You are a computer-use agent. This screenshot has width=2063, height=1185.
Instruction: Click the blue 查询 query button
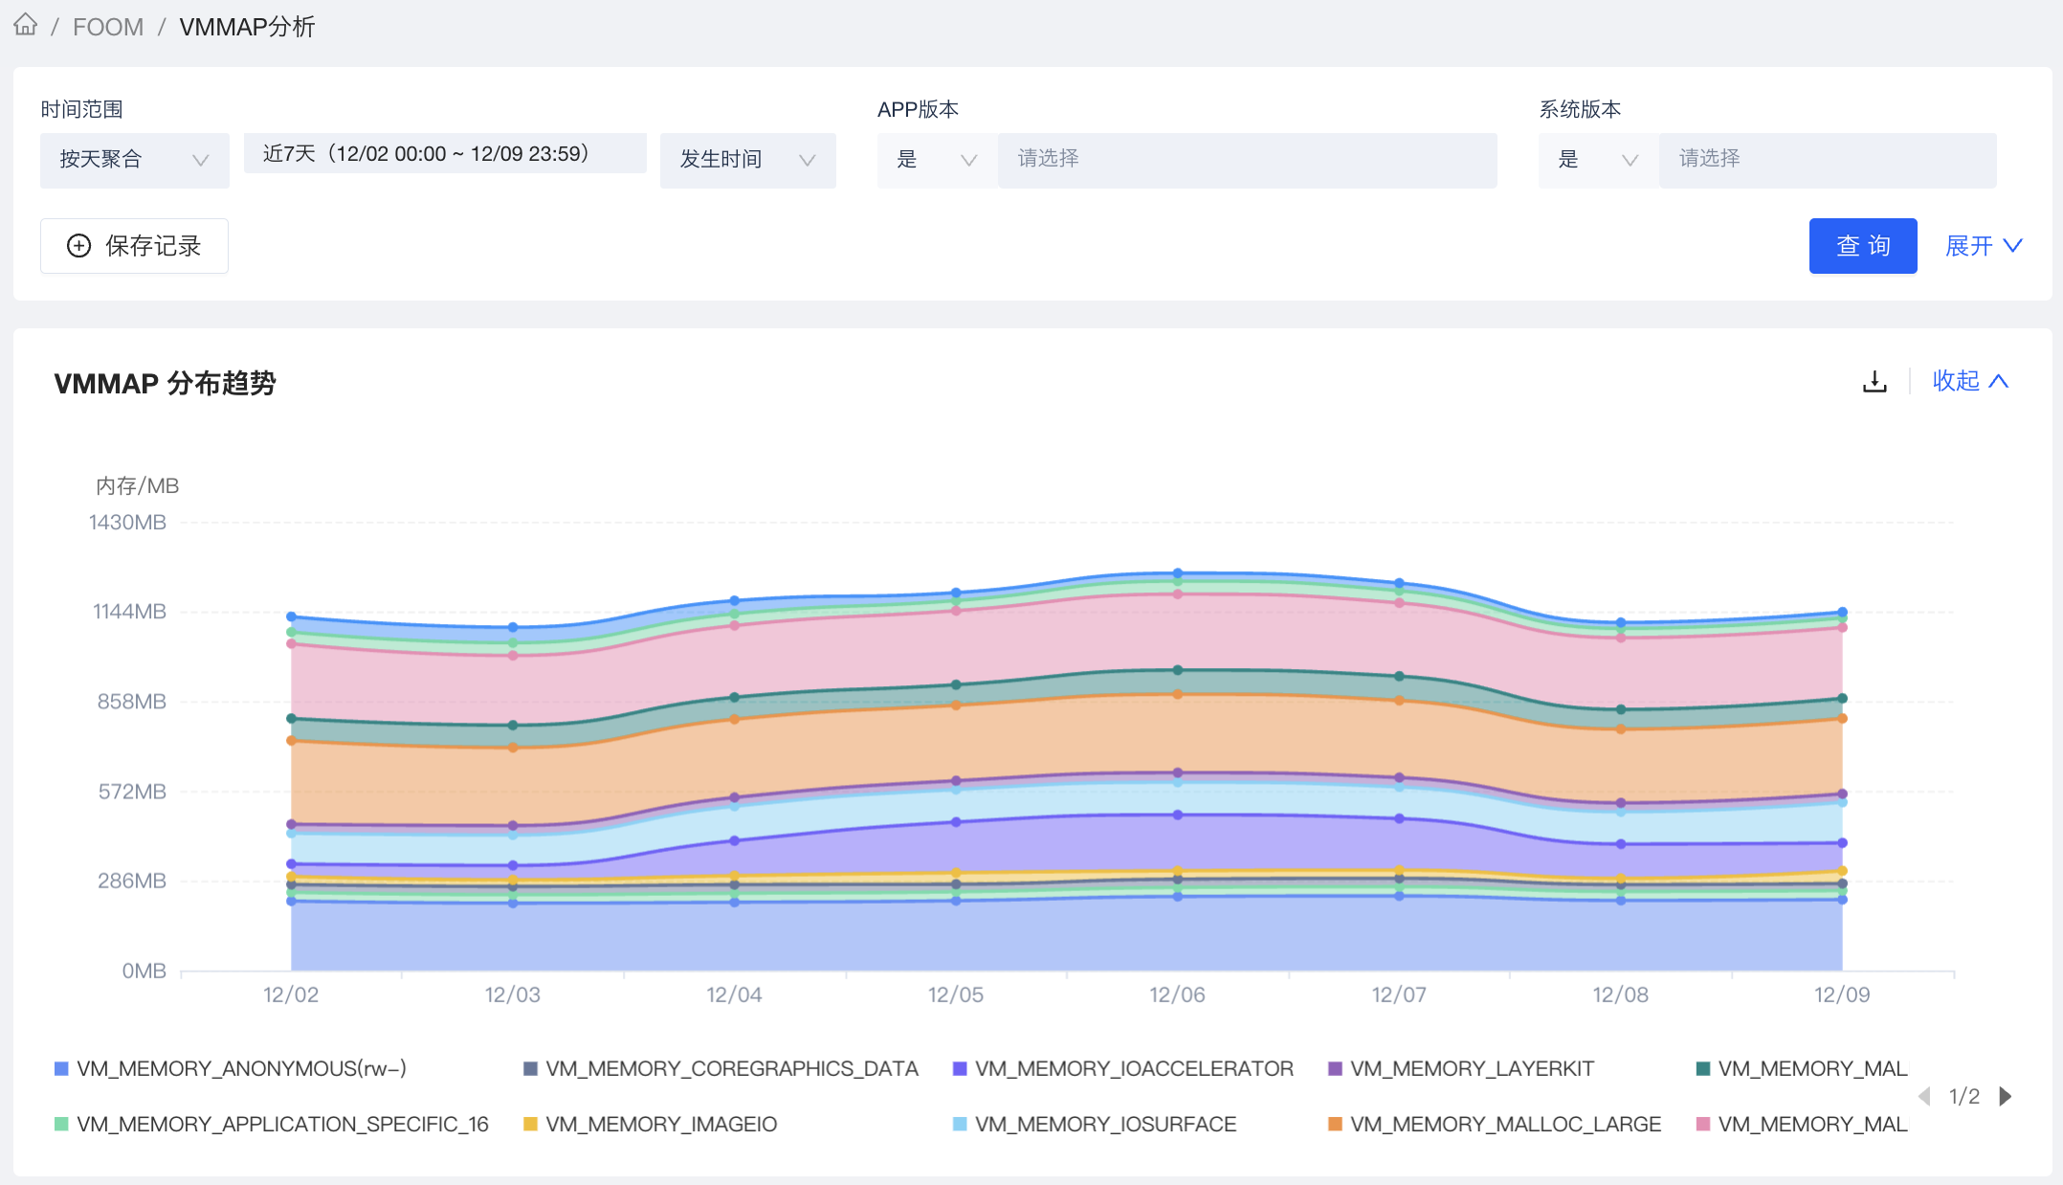(x=1862, y=246)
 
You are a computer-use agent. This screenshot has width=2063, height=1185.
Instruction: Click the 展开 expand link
(x=1983, y=246)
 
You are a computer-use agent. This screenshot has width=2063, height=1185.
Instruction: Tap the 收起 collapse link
(x=1969, y=381)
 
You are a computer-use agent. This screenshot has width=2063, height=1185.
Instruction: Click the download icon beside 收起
(x=1874, y=382)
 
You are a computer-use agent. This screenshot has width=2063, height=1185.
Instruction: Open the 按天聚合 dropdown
(x=134, y=160)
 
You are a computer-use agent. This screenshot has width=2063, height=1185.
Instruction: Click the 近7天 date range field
(x=445, y=154)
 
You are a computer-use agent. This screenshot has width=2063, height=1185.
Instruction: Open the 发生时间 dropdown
(x=747, y=160)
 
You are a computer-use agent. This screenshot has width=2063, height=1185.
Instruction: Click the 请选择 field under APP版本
(x=1246, y=159)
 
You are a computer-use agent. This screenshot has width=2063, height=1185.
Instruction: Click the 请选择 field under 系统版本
(x=1826, y=159)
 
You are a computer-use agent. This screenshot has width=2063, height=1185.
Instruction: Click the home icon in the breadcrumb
(x=26, y=25)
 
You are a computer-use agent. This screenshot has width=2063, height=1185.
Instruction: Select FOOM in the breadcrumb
(x=108, y=27)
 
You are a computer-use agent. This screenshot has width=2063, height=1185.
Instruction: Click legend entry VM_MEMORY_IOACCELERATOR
(x=1133, y=1068)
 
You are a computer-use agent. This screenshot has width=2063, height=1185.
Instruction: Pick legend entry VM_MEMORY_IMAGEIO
(x=660, y=1124)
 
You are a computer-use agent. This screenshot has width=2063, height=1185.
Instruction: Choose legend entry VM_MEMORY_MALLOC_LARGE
(x=1504, y=1124)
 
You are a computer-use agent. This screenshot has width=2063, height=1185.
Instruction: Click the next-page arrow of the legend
(x=2006, y=1096)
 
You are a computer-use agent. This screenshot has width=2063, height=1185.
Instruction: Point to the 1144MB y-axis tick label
(x=129, y=612)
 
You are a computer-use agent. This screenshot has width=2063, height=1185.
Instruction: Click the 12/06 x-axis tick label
(x=1177, y=995)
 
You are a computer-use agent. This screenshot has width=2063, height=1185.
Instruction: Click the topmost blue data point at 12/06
(x=1178, y=573)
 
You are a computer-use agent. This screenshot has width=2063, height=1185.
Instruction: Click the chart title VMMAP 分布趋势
(x=165, y=383)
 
